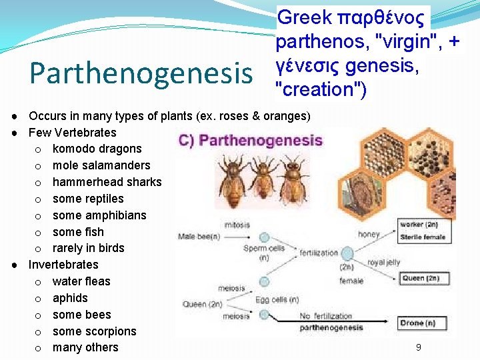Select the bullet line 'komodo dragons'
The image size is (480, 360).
pyautogui.click(x=97, y=149)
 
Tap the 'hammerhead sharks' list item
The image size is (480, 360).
pyautogui.click(x=107, y=182)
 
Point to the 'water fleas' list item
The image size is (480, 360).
pyautogui.click(x=81, y=281)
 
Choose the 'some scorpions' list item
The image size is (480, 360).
pyautogui.click(x=94, y=331)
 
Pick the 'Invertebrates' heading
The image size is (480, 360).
pyautogui.click(x=63, y=265)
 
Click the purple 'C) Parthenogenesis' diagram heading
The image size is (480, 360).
pyautogui.click(x=251, y=141)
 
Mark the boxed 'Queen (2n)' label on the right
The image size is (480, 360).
pyautogui.click(x=421, y=278)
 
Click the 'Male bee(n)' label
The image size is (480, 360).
pyautogui.click(x=199, y=237)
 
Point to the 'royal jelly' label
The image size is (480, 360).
pyautogui.click(x=383, y=262)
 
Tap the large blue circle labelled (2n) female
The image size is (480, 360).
pyautogui.click(x=347, y=253)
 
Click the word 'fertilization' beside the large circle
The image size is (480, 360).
pyautogui.click(x=319, y=253)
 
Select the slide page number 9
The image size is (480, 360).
pyautogui.click(x=418, y=347)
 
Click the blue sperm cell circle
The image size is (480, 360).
pyautogui.click(x=264, y=237)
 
